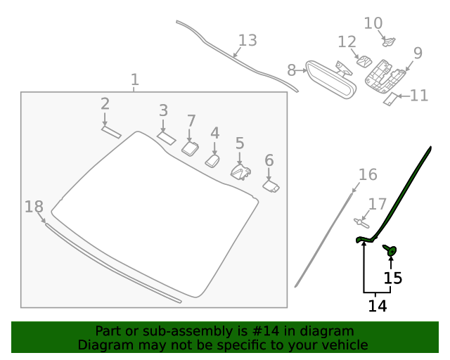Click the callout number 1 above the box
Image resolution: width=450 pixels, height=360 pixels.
[135, 79]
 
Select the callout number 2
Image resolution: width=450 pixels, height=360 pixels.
[105, 104]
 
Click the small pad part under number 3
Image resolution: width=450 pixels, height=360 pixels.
[166, 137]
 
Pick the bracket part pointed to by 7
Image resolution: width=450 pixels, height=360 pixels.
[190, 148]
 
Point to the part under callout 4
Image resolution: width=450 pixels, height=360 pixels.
[212, 161]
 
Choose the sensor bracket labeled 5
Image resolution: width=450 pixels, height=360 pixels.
[240, 172]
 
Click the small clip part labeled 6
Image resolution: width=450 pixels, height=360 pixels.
[271, 186]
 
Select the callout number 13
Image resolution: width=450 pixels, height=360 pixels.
[247, 40]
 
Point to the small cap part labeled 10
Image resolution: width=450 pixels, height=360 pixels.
[390, 43]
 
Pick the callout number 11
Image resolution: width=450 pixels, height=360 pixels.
[419, 95]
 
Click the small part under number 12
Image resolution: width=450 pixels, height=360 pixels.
[364, 61]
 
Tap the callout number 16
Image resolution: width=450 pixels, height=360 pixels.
[368, 174]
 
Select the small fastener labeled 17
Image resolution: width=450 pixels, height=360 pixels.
[362, 223]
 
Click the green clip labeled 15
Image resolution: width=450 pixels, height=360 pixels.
[390, 250]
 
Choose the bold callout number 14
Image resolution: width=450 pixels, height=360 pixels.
[378, 306]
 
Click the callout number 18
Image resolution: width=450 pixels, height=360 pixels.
[34, 207]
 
